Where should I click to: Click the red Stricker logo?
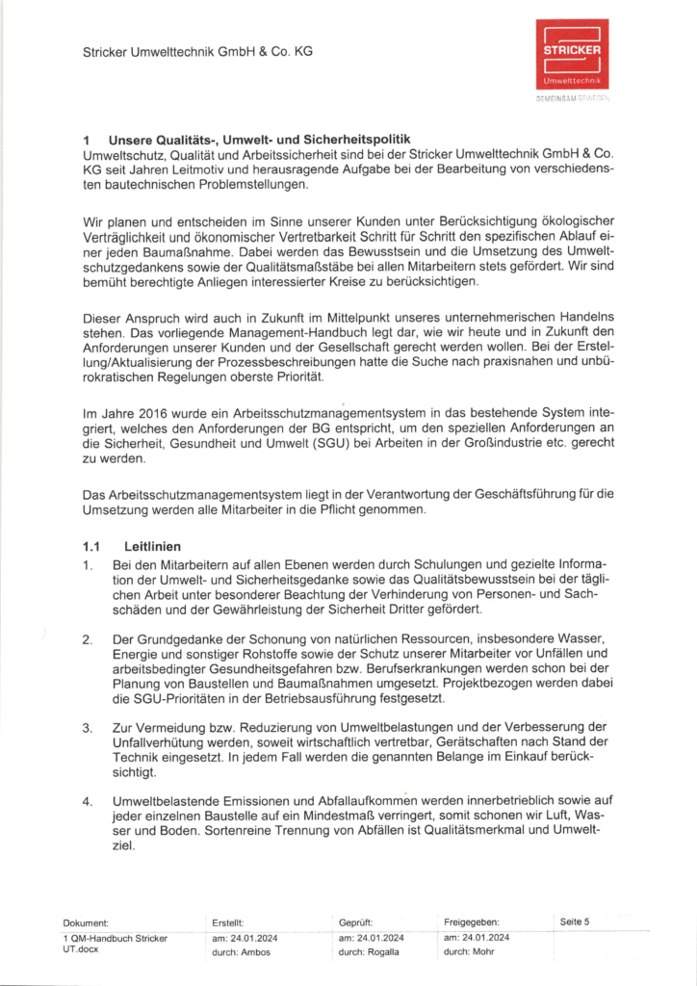coord(572,55)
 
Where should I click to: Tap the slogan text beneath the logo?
coord(572,98)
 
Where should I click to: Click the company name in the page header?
coord(197,51)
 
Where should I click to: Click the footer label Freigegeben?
coord(472,922)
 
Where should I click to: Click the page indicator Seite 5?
coord(575,921)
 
